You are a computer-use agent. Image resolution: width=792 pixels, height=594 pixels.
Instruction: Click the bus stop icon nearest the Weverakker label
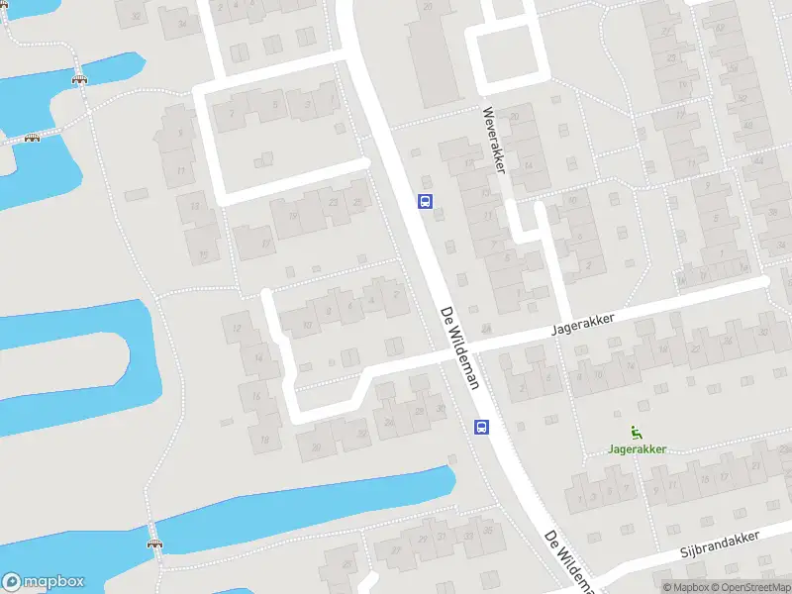(x=426, y=202)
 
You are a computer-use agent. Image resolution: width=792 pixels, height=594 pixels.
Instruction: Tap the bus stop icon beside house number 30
(x=482, y=427)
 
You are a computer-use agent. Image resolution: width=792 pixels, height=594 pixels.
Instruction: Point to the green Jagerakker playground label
(x=637, y=448)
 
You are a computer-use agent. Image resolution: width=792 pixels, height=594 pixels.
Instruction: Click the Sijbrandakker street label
(x=720, y=544)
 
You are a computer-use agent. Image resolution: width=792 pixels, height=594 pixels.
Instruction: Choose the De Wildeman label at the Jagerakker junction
(x=459, y=346)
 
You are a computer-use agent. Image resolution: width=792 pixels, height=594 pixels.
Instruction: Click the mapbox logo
(x=43, y=582)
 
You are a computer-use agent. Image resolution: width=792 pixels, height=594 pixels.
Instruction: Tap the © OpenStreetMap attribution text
(x=753, y=587)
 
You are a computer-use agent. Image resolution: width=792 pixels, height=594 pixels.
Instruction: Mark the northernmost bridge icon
(x=78, y=80)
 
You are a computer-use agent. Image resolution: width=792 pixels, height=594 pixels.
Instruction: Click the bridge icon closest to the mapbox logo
(x=153, y=543)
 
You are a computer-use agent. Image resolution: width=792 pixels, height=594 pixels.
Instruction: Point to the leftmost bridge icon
(x=32, y=138)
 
